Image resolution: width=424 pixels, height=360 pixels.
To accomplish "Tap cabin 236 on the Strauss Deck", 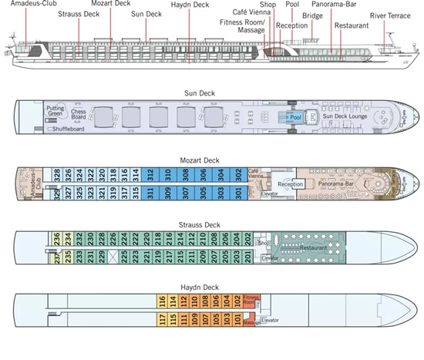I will click(x=56, y=237).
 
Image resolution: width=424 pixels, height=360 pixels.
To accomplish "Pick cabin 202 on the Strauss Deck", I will click(x=247, y=237).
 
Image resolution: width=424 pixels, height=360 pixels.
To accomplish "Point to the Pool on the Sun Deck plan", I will click(x=294, y=118).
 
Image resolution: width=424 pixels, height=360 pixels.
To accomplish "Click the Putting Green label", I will click(x=56, y=110).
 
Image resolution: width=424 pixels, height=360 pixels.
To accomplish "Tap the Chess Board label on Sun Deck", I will click(x=79, y=113).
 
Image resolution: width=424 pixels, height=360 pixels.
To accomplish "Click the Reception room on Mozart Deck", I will click(x=291, y=183).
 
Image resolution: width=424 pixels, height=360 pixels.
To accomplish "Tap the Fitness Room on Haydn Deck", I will click(x=251, y=300).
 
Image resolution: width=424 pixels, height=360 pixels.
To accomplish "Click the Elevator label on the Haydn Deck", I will click(x=270, y=319).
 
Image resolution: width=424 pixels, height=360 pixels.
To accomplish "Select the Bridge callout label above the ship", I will click(x=312, y=15).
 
